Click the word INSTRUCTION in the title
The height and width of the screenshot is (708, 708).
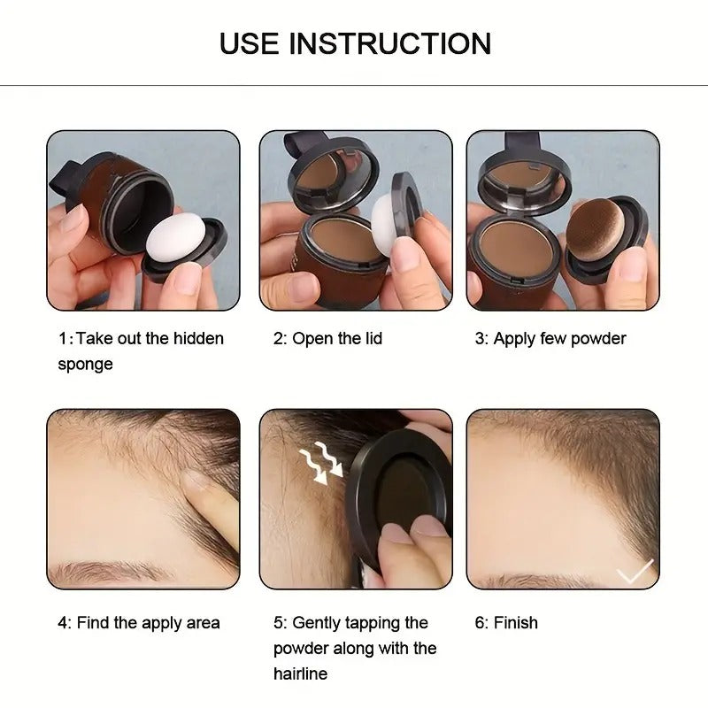(391, 43)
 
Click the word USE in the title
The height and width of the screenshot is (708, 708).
(251, 43)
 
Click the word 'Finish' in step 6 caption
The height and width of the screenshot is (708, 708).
(515, 623)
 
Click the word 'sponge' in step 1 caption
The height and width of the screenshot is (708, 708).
(85, 364)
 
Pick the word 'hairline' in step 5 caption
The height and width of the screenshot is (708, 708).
(300, 673)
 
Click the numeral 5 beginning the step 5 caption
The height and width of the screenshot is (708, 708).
(278, 623)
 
